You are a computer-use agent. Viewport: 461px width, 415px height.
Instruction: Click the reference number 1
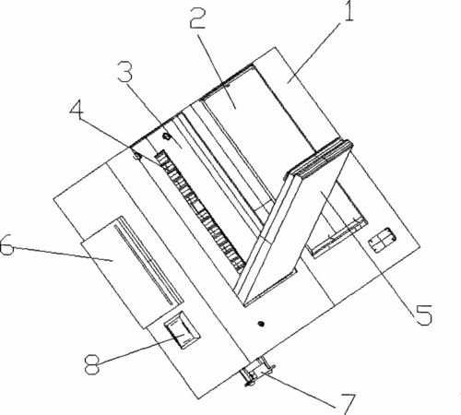pos(349,10)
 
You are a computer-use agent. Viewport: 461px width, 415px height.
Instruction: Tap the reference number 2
pos(197,18)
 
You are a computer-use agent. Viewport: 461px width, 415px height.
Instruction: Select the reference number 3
pos(125,72)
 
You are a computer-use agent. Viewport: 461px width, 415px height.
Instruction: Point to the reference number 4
pos(77,111)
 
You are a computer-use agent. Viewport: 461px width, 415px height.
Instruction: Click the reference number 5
pos(424,314)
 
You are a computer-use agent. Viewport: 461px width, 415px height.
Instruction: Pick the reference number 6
pos(6,244)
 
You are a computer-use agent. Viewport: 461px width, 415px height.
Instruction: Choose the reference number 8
pos(92,364)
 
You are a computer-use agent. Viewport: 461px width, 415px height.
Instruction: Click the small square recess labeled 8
pos(183,330)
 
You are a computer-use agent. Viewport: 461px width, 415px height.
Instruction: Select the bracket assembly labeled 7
pos(257,371)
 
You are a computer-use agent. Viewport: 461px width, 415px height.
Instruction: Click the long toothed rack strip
pos(201,212)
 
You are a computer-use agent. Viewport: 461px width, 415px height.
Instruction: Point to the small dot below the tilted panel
pos(261,324)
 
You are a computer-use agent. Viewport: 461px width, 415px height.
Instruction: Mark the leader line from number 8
pos(141,349)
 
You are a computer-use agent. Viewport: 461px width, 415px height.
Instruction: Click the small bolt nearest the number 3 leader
pos(166,136)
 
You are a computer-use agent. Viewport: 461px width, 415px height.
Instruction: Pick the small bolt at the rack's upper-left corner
pos(136,155)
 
